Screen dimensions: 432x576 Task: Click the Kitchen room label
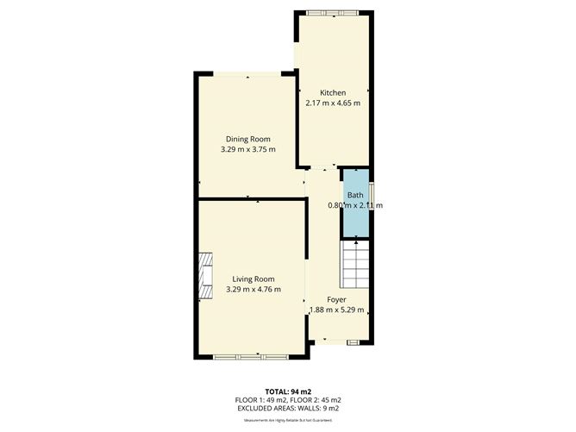pyautogui.click(x=333, y=93)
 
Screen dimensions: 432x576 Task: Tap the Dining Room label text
pyautogui.click(x=248, y=140)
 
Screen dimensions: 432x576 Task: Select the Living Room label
pyautogui.click(x=253, y=279)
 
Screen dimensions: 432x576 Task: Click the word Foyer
pyautogui.click(x=336, y=300)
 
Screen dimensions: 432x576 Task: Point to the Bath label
pyautogui.click(x=355, y=196)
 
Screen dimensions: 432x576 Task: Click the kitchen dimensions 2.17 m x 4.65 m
pyautogui.click(x=333, y=103)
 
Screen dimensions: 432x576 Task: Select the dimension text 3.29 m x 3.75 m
pyautogui.click(x=248, y=150)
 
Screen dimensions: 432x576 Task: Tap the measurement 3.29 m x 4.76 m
pyautogui.click(x=253, y=290)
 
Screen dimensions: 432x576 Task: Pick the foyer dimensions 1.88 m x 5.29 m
pyautogui.click(x=337, y=310)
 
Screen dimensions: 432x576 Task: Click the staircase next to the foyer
pyautogui.click(x=354, y=264)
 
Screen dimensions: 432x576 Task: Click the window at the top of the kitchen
pyautogui.click(x=334, y=12)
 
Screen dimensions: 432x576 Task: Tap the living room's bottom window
pyautogui.click(x=253, y=356)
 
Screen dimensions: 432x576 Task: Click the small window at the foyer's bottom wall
pyautogui.click(x=354, y=342)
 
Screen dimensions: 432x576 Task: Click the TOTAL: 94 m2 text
pyautogui.click(x=288, y=391)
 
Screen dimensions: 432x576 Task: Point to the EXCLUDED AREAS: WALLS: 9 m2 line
pyautogui.click(x=288, y=408)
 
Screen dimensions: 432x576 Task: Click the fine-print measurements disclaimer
pyautogui.click(x=288, y=419)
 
